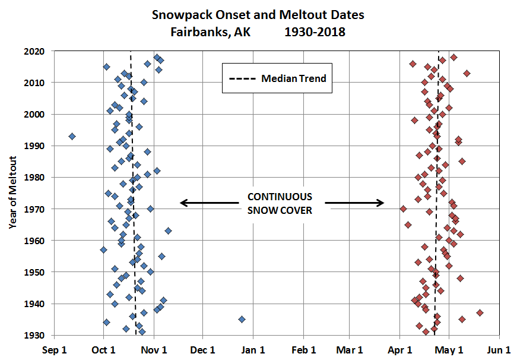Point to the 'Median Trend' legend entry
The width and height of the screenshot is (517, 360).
point(277,78)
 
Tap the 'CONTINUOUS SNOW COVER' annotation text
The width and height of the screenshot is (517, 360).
point(280,203)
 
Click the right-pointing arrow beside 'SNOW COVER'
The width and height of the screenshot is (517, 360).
point(354,203)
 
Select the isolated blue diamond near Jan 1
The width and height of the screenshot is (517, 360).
point(242,319)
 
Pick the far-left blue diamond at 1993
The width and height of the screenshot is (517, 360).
point(72,136)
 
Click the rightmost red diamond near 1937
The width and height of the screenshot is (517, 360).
point(480,312)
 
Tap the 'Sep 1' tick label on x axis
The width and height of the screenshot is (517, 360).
point(54,349)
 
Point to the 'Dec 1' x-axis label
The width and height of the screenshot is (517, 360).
point(203,349)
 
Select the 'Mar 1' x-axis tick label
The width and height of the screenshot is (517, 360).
point(353,349)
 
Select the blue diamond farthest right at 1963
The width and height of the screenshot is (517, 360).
point(168,230)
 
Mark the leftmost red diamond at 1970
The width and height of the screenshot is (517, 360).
point(403,209)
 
